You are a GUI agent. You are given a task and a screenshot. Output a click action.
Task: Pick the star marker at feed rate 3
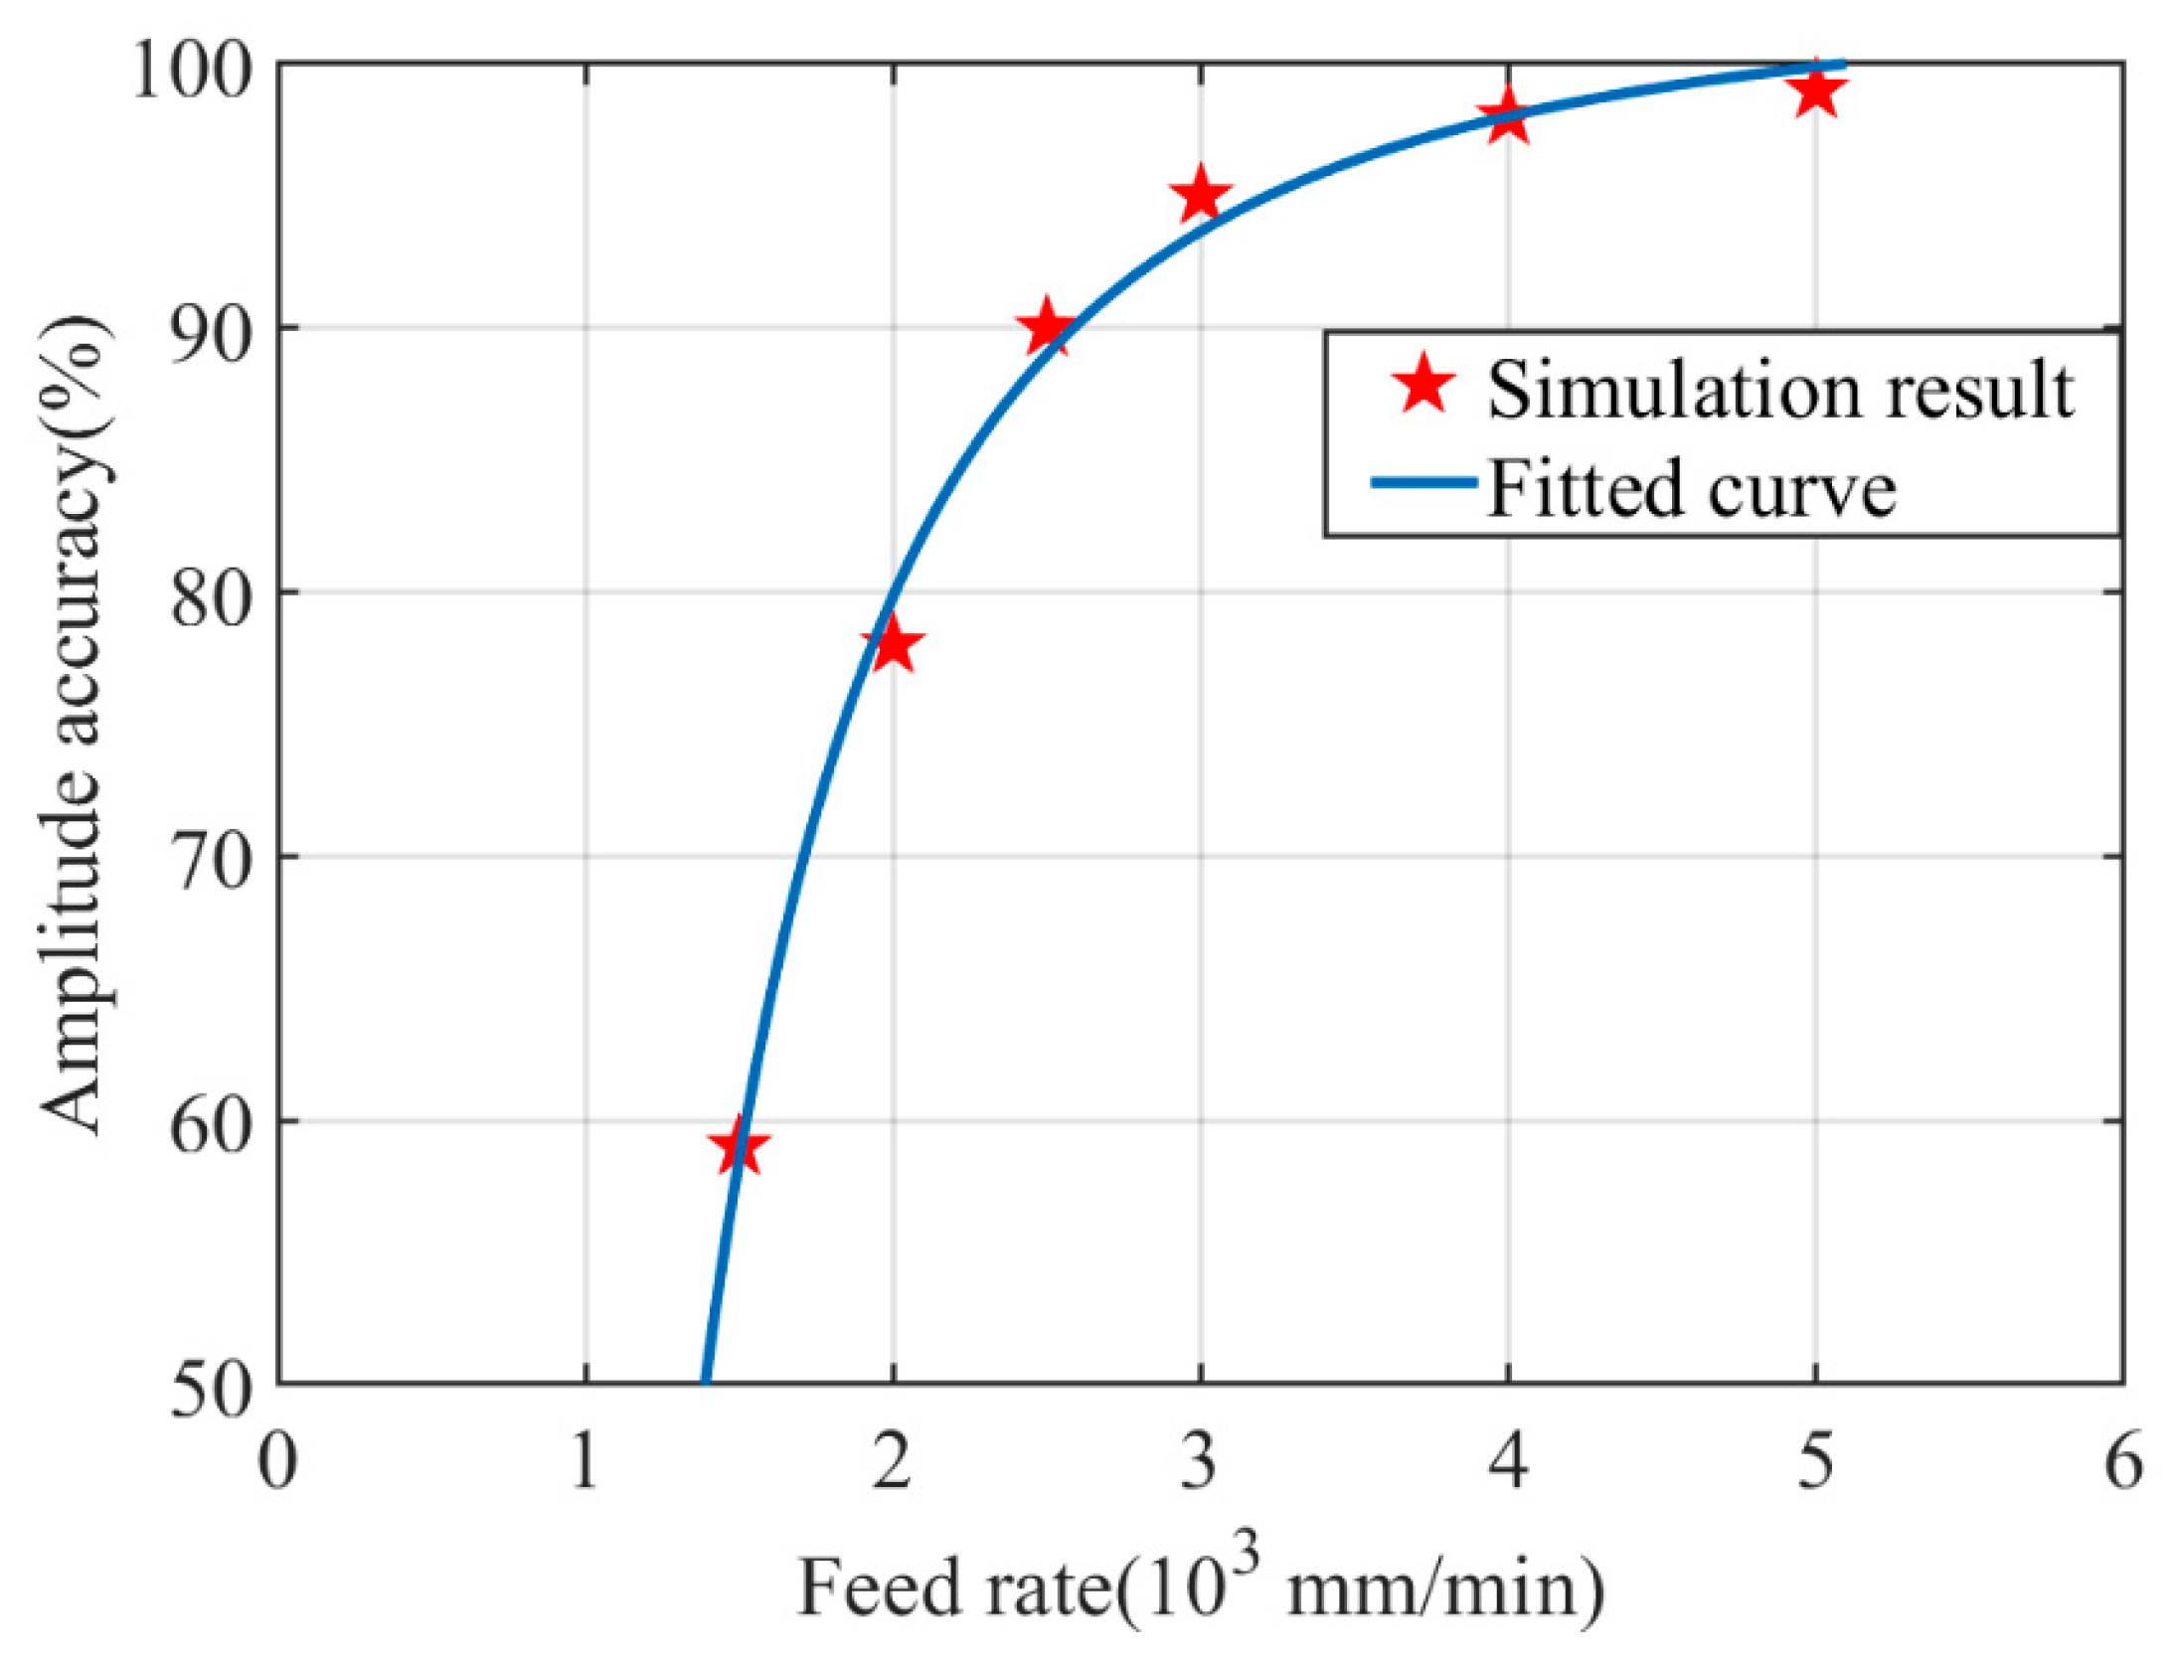[x=1200, y=196]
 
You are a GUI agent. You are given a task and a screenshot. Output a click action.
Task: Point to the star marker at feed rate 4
[x=1508, y=117]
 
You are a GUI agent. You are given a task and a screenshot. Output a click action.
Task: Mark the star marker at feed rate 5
[x=1815, y=91]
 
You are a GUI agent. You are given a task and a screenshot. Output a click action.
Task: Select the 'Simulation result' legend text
[x=1779, y=390]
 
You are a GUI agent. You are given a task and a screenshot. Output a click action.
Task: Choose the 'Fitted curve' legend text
[x=1690, y=488]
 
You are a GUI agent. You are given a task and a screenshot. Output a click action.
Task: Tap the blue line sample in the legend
[x=1423, y=484]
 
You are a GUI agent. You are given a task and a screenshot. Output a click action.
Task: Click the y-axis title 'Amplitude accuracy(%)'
[x=75, y=725]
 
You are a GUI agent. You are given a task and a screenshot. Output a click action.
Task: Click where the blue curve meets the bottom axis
[x=704, y=1381]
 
